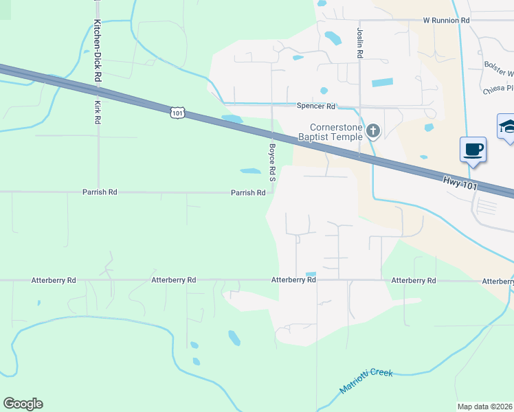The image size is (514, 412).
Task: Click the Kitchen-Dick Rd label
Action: tap(98, 43)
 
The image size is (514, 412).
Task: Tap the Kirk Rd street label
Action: tap(98, 112)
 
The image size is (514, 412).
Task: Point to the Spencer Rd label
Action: tap(315, 106)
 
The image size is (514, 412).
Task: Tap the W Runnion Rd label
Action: tap(446, 21)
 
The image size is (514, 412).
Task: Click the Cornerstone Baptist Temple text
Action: tap(336, 132)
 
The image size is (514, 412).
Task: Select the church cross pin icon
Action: tap(373, 130)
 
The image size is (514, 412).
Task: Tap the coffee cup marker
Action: tap(473, 149)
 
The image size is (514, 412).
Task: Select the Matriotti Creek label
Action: tap(366, 381)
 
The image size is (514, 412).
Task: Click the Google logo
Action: tap(23, 404)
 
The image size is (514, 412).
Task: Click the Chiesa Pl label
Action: tap(499, 88)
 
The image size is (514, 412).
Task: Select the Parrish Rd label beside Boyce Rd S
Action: tap(248, 193)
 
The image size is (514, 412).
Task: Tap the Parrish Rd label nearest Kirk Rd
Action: tap(100, 192)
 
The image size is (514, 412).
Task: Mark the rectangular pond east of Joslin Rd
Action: tap(382, 82)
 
